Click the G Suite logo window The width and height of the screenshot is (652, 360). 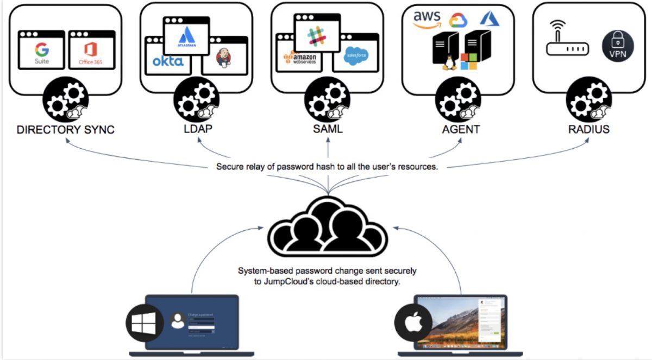[x=41, y=50]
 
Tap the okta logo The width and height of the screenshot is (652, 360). [x=167, y=61]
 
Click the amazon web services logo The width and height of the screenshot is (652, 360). [x=297, y=57]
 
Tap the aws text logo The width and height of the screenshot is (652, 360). [x=427, y=17]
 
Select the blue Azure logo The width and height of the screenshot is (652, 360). [x=489, y=18]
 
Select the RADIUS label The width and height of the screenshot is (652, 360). [x=589, y=129]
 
